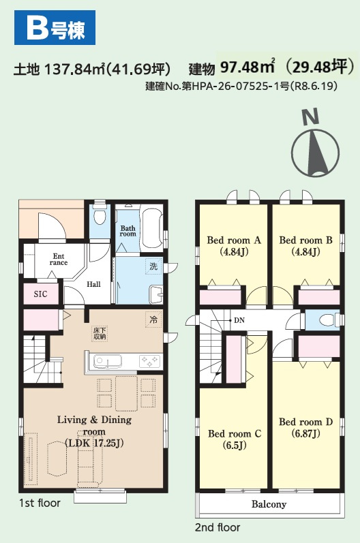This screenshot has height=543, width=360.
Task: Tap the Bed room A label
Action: (x=234, y=246)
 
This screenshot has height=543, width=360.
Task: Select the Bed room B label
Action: (x=305, y=246)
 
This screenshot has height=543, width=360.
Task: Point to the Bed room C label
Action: (x=235, y=439)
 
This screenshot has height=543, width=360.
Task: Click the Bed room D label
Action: (x=305, y=427)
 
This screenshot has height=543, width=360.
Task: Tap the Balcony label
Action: (x=269, y=504)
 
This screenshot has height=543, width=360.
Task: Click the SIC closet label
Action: (x=40, y=294)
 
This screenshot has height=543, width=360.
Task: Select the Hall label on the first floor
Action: (x=93, y=284)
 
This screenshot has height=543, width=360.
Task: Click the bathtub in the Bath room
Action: (x=151, y=228)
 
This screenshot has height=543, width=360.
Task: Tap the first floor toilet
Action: (x=100, y=214)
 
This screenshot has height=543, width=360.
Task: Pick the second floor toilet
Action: (x=328, y=320)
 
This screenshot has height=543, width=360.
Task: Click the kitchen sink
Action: (x=108, y=362)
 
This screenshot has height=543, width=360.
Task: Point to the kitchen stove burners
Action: (x=149, y=362)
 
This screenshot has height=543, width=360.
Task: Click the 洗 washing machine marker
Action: (x=153, y=266)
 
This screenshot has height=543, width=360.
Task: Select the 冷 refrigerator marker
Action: (x=153, y=320)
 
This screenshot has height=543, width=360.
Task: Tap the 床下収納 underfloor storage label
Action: (x=100, y=334)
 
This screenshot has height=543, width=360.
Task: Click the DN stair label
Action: (x=239, y=320)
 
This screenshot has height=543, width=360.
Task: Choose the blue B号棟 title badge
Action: (x=55, y=28)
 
